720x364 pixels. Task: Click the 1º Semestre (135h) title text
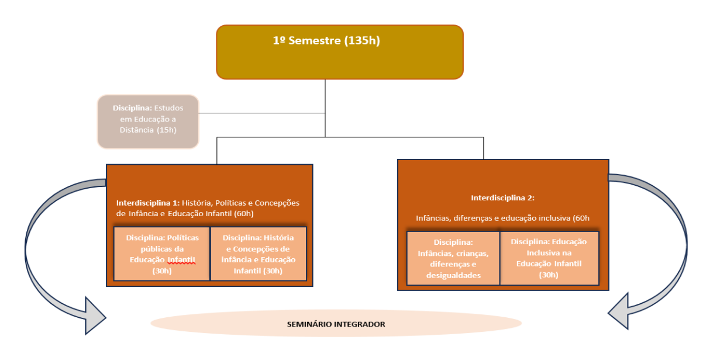(x=331, y=41)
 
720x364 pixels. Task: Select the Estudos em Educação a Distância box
(x=148, y=122)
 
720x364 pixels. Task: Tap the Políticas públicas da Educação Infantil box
(x=162, y=254)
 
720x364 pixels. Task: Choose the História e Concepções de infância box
(x=258, y=254)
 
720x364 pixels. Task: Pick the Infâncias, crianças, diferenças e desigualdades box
(x=453, y=258)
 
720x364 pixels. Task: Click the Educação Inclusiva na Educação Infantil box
(x=549, y=258)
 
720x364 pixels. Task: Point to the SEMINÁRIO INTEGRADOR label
(x=336, y=324)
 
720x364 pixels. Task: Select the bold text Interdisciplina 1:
(x=148, y=203)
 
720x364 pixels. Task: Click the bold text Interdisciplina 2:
(x=503, y=198)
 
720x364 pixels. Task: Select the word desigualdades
(x=454, y=275)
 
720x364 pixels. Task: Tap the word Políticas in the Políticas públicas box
(x=182, y=238)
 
